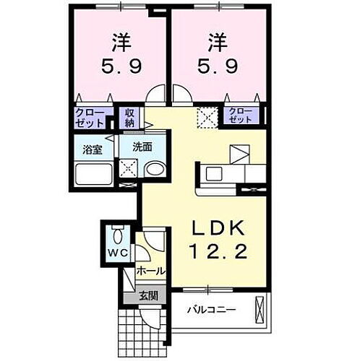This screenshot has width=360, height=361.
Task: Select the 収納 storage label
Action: (x=130, y=116)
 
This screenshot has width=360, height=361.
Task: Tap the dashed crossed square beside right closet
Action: (x=208, y=116)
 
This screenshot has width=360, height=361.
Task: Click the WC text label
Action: (x=119, y=254)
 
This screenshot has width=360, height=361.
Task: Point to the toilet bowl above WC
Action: (x=119, y=236)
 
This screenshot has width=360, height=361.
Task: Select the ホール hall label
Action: (x=151, y=271)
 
